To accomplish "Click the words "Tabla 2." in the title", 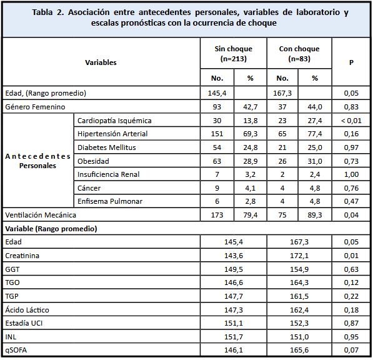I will point(51,12).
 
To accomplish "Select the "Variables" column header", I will point(101,62).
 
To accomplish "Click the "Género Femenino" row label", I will point(35,107).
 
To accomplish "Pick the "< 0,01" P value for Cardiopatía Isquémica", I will point(351,121).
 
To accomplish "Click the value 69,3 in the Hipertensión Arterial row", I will point(251,134).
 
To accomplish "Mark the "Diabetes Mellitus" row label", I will point(106,147).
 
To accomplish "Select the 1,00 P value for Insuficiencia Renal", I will point(351,174).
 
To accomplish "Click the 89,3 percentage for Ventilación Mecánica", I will point(315,215).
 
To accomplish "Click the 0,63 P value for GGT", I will point(351,269).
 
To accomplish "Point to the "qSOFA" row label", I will point(17,351).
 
